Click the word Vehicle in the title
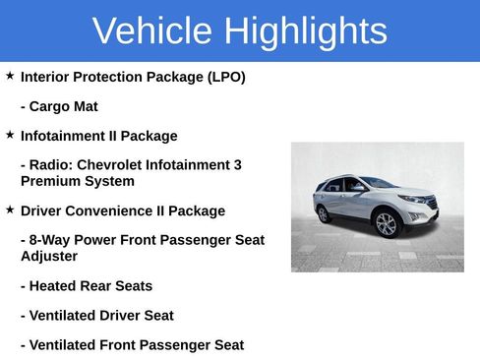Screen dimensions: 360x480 click(152, 31)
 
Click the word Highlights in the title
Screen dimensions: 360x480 click(305, 31)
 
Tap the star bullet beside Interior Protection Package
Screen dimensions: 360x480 click(10, 76)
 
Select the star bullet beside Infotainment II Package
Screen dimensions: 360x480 click(10, 135)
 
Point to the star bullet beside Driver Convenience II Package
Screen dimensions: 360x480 click(10, 210)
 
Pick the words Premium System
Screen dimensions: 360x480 click(77, 181)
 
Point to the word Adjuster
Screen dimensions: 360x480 click(50, 256)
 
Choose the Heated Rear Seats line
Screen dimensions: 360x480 click(86, 286)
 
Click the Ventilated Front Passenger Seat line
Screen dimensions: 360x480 click(132, 345)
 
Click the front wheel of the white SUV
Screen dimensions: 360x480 click(386, 224)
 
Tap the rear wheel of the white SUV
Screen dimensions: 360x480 click(324, 213)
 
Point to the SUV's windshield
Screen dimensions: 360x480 click(379, 184)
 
